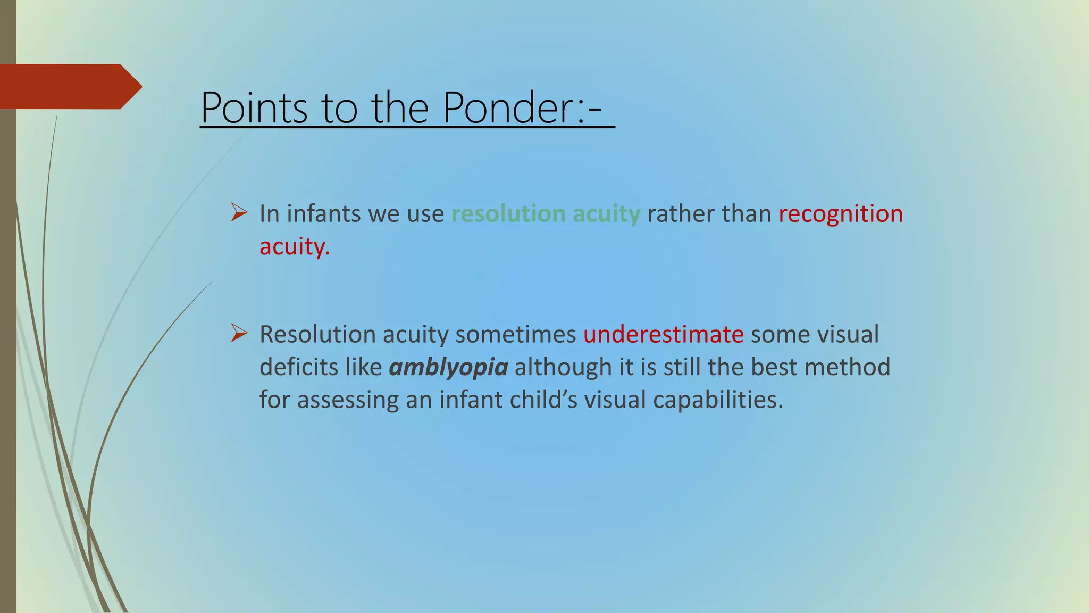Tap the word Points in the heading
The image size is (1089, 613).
tap(254, 108)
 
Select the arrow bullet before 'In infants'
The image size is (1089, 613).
tap(239, 213)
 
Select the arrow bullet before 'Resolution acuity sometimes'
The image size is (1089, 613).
tap(239, 334)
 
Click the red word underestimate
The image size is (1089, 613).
tap(663, 335)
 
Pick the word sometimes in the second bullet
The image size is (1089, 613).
tap(515, 335)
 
